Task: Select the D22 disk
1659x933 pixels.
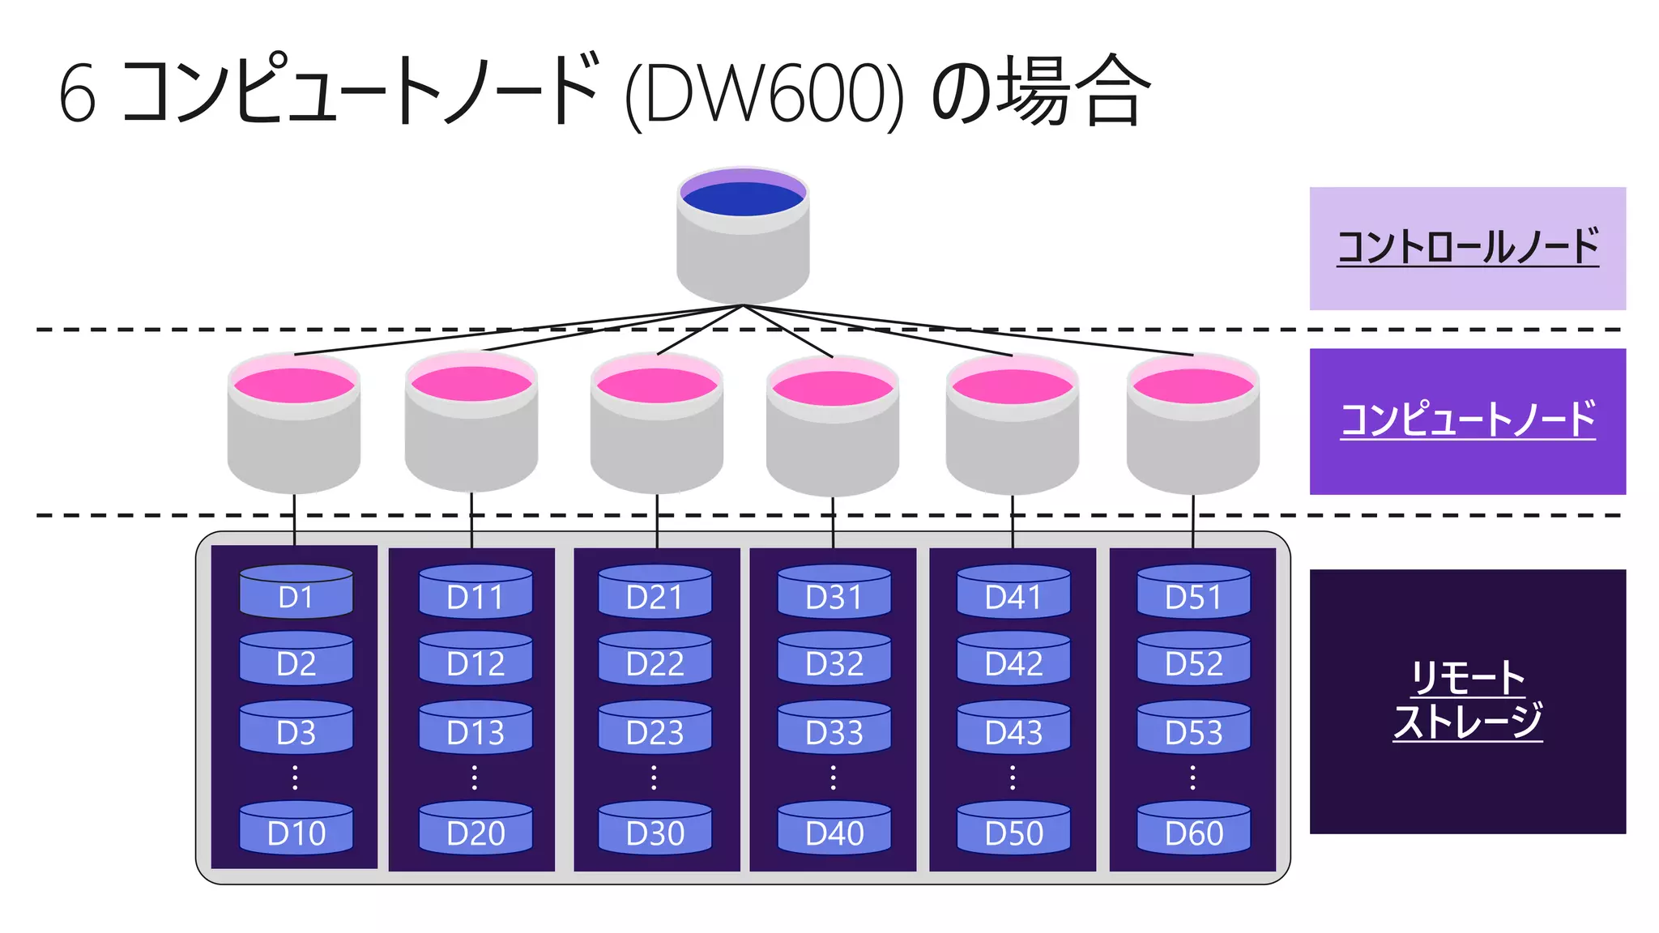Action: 655,659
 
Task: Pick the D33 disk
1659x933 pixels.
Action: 834,728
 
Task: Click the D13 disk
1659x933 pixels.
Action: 475,728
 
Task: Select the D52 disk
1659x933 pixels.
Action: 1193,659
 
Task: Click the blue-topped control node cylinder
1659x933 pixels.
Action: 743,235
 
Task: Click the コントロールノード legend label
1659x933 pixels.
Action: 1467,248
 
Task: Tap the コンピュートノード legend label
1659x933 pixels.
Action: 1467,420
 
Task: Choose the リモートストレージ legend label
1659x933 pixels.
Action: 1467,701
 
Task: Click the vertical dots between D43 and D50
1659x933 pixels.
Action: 1013,777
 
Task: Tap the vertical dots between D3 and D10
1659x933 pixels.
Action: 295,777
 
